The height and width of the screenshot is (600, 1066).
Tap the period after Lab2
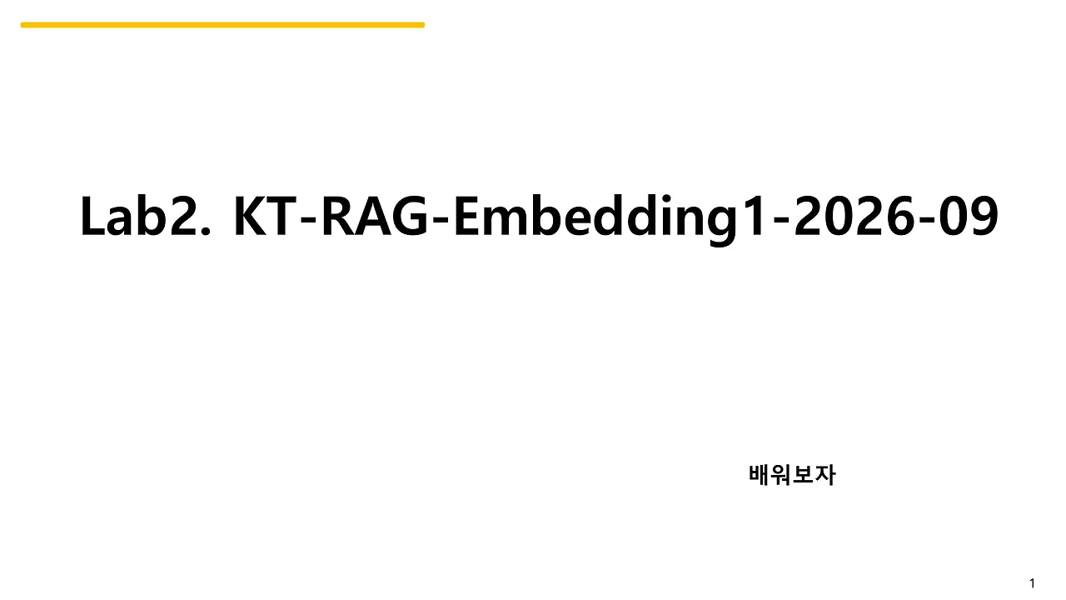coord(205,232)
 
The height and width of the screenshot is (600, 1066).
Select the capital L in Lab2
coord(92,217)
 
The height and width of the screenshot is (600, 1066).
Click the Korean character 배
coord(760,475)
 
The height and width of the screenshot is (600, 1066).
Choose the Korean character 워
coord(781,475)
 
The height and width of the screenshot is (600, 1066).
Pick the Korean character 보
coord(804,475)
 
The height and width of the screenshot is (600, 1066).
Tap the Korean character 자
coord(825,475)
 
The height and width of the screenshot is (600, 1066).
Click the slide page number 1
coord(1032,583)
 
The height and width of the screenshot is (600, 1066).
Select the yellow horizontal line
coord(222,25)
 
